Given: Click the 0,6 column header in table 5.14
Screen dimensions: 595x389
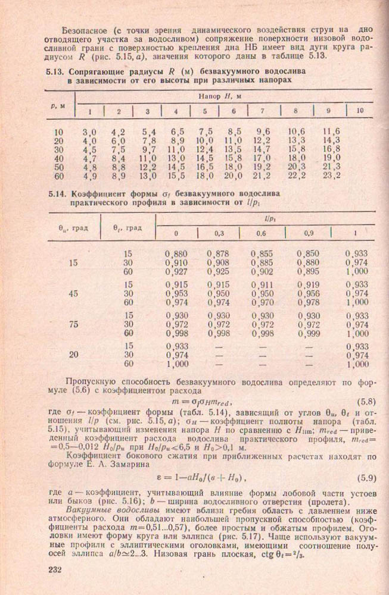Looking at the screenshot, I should click(x=260, y=234).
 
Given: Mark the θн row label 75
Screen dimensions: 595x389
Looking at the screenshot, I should click(x=74, y=324).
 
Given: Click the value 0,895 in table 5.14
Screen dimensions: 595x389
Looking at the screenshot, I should click(x=308, y=273).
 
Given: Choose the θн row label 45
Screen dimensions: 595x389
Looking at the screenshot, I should click(x=74, y=293).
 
